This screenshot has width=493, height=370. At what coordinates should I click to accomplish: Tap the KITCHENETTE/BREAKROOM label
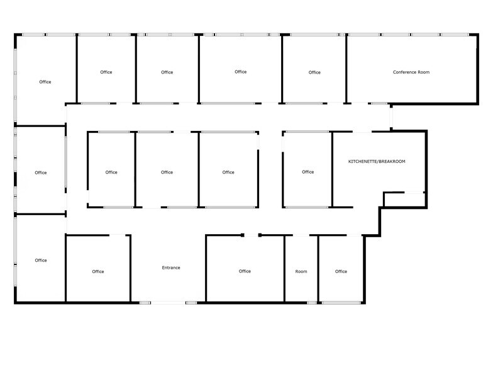click(x=377, y=162)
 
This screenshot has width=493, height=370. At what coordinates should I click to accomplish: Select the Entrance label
click(x=171, y=268)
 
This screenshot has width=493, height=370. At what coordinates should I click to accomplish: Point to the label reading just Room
click(x=301, y=272)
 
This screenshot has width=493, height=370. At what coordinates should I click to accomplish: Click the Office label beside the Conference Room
click(x=314, y=72)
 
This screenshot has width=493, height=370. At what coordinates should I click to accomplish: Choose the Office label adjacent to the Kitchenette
click(x=307, y=172)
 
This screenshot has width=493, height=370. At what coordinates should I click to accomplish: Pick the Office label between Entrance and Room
click(x=245, y=271)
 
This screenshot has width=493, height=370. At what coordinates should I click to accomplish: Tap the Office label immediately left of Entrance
click(x=98, y=272)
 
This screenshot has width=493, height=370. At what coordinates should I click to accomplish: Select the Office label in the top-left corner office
click(x=45, y=82)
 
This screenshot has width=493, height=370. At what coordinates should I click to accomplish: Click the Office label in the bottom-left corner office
click(x=41, y=261)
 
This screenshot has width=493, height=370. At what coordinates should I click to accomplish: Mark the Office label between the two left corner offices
click(x=41, y=172)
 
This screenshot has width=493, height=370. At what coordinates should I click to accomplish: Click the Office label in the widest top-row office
click(x=241, y=72)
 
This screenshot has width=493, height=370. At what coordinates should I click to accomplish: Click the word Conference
click(x=405, y=72)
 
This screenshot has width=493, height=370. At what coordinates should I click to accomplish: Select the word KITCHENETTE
click(x=362, y=162)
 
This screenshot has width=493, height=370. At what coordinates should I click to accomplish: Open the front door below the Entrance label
click(x=168, y=303)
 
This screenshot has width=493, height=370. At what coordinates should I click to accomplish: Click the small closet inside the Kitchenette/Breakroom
click(x=404, y=199)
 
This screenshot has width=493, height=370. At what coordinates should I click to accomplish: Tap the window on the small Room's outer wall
click(x=312, y=303)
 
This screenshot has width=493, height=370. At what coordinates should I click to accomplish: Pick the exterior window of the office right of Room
click(x=341, y=303)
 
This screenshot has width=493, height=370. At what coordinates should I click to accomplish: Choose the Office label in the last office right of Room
click(x=341, y=272)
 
